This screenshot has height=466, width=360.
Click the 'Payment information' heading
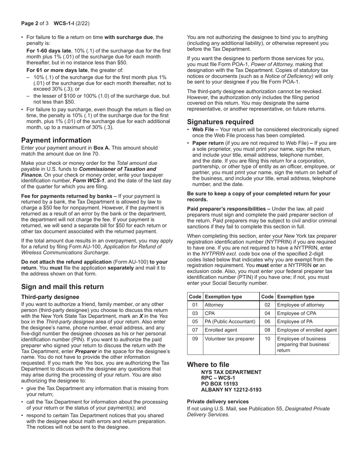[x=56, y=140]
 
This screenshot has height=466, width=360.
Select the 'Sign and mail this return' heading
[x=63, y=286]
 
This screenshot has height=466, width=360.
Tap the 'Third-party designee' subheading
[x=50, y=297]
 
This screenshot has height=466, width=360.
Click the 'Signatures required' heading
[x=220, y=122]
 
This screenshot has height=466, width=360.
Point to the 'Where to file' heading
[x=208, y=364]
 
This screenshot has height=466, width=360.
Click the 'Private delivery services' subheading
[x=218, y=401]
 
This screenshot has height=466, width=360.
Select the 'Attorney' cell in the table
[x=214, y=305]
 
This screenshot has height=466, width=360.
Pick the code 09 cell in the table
[x=195, y=339]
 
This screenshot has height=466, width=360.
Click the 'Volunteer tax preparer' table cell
[x=229, y=339]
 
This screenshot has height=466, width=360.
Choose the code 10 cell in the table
[x=268, y=339]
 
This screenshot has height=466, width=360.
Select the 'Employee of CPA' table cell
[x=296, y=313]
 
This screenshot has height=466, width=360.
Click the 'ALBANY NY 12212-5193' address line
[x=231, y=389]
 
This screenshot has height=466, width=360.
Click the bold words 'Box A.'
[x=102, y=148]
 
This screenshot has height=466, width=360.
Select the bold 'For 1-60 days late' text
[x=49, y=51]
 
